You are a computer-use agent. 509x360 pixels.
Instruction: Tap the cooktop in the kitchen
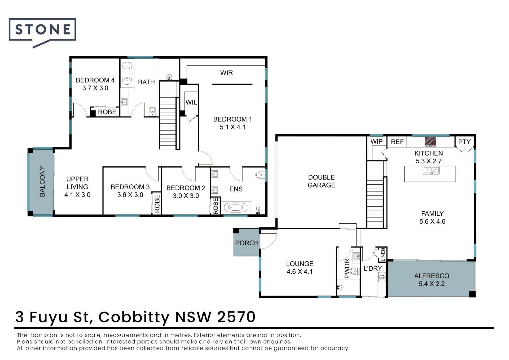431,142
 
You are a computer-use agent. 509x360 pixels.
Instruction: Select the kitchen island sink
431,170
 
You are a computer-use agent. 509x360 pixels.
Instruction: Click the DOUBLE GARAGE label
321,181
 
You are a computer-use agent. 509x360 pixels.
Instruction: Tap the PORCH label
247,243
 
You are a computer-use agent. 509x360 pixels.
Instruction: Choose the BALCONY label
42,181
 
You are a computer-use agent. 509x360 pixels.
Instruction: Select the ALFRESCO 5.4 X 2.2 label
432,280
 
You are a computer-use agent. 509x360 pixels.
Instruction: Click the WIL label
191,102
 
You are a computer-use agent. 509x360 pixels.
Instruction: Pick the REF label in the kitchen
397,142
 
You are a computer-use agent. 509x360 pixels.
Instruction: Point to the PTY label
464,142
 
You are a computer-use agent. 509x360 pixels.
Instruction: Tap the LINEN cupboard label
383,254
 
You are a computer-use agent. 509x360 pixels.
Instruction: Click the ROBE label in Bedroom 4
107,112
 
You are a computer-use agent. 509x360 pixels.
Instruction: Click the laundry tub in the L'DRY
382,277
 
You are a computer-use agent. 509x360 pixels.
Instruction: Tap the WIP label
376,141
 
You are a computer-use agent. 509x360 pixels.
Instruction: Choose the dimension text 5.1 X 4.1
232,127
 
